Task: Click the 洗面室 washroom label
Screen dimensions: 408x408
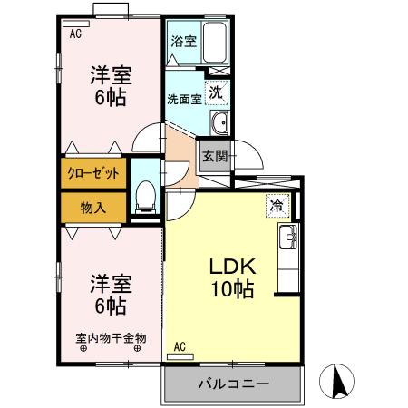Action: [x=183, y=99]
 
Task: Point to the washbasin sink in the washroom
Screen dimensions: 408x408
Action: [x=218, y=123]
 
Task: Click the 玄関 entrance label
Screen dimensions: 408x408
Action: [x=214, y=155]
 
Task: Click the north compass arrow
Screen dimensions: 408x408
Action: [x=340, y=379]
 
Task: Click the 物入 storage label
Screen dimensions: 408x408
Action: [x=93, y=208]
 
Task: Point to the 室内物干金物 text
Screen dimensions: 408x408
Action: [x=110, y=338]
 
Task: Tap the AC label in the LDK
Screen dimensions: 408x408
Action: [x=179, y=345]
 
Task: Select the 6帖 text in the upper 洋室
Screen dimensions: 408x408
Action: [x=110, y=96]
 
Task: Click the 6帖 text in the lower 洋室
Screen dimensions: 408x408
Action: [x=110, y=306]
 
